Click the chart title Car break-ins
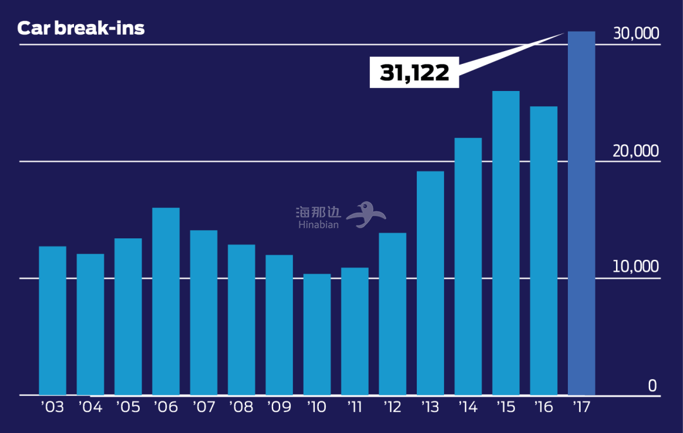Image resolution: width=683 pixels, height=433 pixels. [x=81, y=28]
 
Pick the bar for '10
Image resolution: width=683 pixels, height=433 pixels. [x=317, y=334]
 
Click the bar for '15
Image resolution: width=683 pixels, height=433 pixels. [x=506, y=243]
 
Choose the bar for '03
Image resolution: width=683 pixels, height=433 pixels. [x=52, y=320]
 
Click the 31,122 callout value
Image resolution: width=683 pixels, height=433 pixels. [x=414, y=73]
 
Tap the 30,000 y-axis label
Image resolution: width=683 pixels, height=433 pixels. [x=636, y=34]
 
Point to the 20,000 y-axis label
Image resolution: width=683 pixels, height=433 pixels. [x=636, y=151]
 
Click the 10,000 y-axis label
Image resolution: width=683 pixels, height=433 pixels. [x=636, y=267]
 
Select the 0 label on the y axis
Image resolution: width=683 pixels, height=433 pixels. [x=652, y=386]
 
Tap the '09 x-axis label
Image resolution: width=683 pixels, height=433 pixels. [x=279, y=406]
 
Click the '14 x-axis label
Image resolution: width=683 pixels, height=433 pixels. [x=468, y=406]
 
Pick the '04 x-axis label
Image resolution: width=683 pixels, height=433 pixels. [x=90, y=406]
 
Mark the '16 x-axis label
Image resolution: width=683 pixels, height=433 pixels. [x=543, y=406]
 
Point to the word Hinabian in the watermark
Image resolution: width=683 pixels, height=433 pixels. [x=319, y=224]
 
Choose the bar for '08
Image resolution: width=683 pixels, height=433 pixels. [x=242, y=320]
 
